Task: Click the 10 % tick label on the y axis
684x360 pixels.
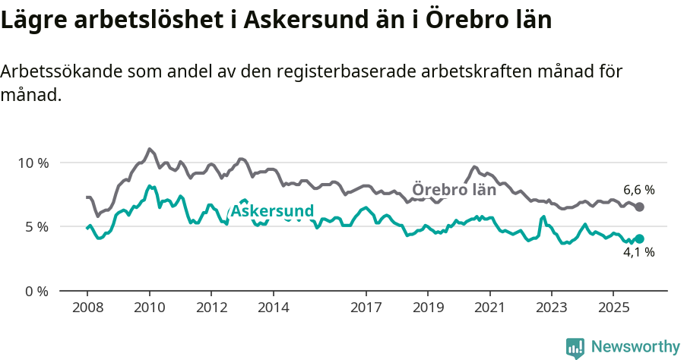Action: (32, 163)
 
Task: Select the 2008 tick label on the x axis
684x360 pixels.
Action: (87, 308)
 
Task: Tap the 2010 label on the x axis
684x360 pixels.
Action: (149, 308)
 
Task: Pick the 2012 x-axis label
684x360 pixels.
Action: (211, 308)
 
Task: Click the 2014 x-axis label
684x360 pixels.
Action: (273, 308)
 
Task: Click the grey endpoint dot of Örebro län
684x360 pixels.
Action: (639, 207)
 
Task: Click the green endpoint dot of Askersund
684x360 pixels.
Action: (639, 238)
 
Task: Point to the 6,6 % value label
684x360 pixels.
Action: (638, 190)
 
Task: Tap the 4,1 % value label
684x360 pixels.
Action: (638, 253)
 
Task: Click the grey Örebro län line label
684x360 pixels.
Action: (454, 190)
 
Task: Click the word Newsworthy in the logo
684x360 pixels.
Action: (635, 346)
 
